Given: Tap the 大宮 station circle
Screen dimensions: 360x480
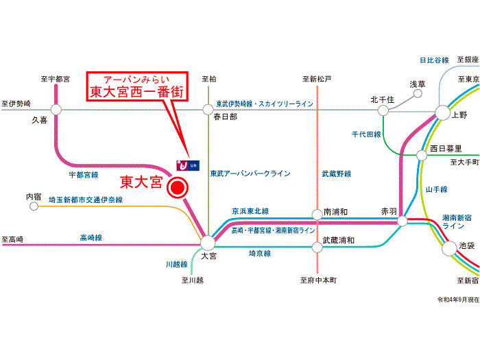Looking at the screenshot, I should (208, 242).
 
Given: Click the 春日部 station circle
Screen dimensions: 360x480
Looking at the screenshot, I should (208, 108).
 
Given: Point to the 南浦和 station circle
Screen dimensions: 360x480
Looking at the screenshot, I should (317, 214).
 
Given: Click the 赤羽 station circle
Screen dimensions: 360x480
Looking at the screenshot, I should (402, 221).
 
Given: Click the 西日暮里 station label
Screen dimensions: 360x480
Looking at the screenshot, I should (446, 148).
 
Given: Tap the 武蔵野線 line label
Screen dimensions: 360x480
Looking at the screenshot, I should (337, 174).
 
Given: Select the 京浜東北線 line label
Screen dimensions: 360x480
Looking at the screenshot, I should (250, 211).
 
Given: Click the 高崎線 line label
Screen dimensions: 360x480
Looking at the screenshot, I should (91, 237).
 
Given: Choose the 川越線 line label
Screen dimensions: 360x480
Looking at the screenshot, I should (177, 263).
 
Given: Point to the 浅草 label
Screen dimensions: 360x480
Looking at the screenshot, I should (418, 84).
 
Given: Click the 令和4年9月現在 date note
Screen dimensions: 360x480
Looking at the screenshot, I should (457, 300).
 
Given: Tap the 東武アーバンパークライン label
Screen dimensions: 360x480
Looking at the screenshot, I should (250, 173).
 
